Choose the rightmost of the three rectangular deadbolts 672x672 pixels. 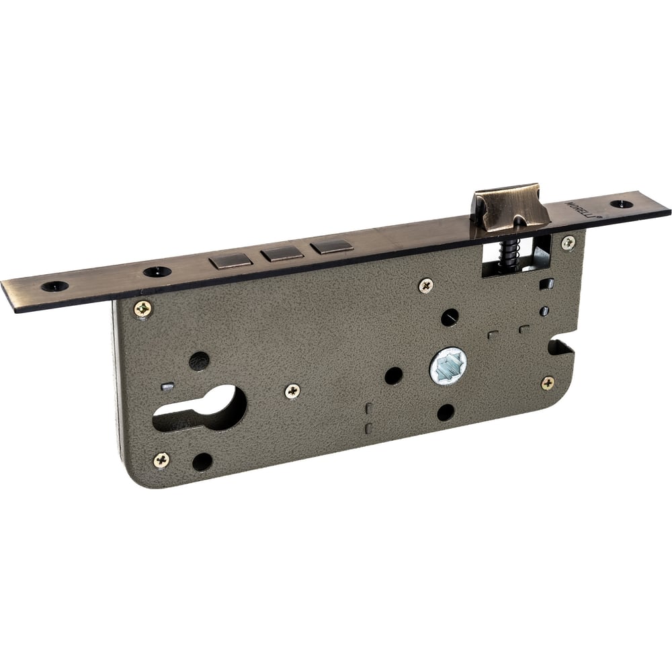point(332,247)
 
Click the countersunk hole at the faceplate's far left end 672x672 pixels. point(55,286)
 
